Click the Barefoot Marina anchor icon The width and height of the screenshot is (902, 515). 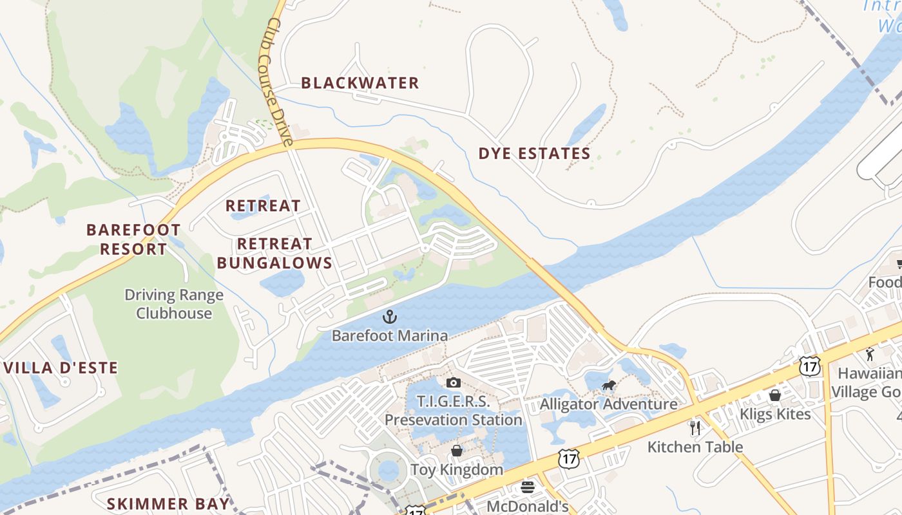[x=389, y=317]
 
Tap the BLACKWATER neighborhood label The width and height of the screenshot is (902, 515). [x=360, y=83]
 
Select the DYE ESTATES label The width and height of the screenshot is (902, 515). [x=534, y=153]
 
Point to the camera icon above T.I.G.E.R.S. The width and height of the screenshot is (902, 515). [x=453, y=383]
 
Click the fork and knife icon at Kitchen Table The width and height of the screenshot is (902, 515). [x=695, y=428]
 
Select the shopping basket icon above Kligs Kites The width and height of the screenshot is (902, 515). [x=775, y=395]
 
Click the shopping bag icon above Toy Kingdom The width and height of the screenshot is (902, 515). [x=457, y=451]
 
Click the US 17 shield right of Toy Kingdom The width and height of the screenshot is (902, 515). [x=568, y=459]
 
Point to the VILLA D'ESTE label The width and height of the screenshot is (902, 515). [x=61, y=368]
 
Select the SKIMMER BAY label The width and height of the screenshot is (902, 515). [x=168, y=503]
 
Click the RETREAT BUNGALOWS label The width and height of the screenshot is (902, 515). [x=274, y=253]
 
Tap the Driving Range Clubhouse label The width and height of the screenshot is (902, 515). [x=174, y=304]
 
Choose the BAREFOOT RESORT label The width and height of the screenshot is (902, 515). [x=133, y=239]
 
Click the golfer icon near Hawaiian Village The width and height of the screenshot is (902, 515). [x=870, y=354]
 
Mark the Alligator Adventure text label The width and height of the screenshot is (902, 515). [x=608, y=404]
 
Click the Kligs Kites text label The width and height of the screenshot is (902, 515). [x=775, y=413]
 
